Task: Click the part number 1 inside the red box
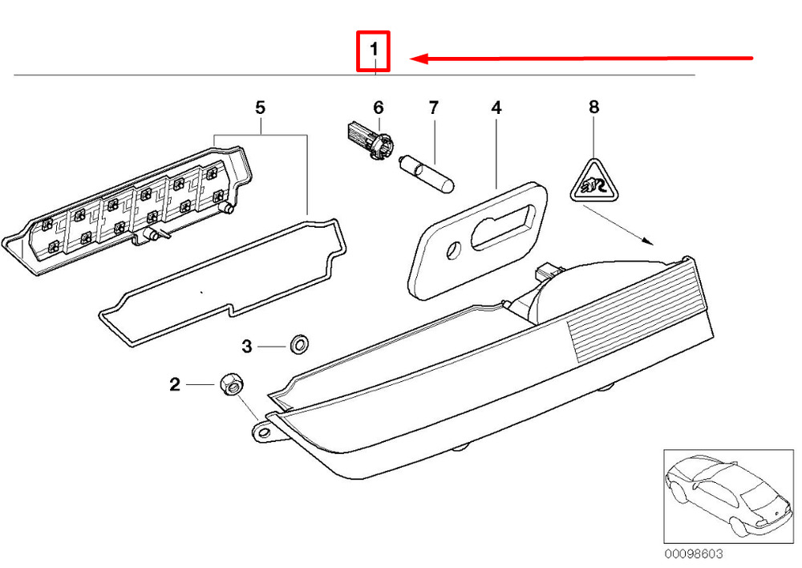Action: pos(374,51)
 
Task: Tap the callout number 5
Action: pos(261,108)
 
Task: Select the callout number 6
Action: pos(378,108)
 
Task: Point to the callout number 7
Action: pos(434,108)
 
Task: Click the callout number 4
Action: pos(496,108)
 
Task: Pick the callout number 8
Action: pos(593,107)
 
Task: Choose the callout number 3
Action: pos(247,347)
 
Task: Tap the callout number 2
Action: pos(175,384)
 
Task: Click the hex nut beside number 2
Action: pos(233,383)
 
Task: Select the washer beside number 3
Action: pos(299,343)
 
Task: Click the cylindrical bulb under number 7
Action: pos(427,174)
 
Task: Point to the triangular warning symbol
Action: pos(594,181)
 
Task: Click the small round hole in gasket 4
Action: pos(454,251)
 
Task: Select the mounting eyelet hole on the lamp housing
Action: pos(263,433)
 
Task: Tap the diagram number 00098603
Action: pos(694,554)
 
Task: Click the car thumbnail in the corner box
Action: pos(728,497)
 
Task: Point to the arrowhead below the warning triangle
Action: pos(648,240)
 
